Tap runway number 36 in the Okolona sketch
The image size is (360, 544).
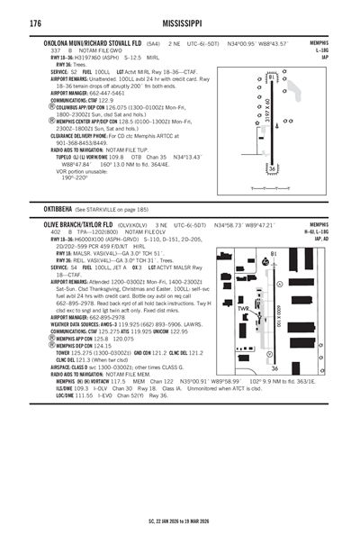(x=270, y=170)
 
